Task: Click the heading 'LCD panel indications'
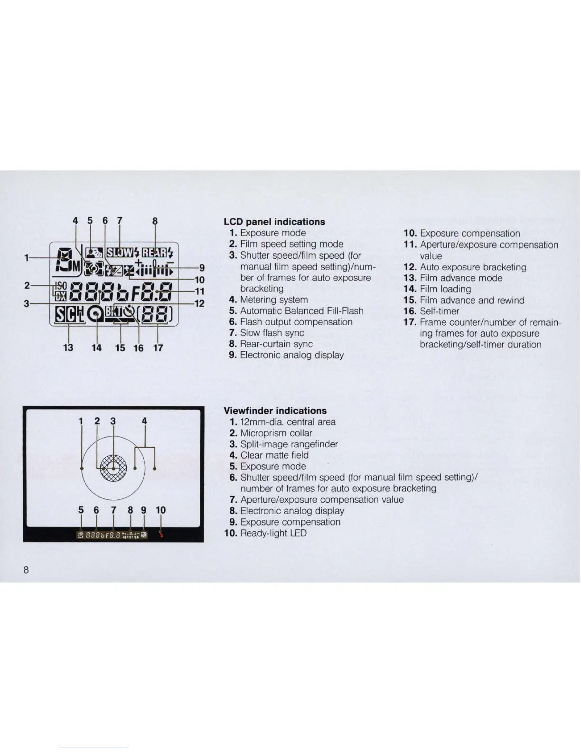[x=274, y=222]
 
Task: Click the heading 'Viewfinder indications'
[x=275, y=411]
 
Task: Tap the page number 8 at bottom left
[x=27, y=570]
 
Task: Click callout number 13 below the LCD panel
[x=68, y=348]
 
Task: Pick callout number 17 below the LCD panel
[x=158, y=348]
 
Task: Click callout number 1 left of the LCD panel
[x=28, y=258]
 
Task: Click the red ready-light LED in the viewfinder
[x=162, y=535]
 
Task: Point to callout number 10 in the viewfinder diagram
[x=161, y=510]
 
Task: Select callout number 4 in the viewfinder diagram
[x=144, y=421]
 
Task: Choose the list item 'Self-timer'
[x=439, y=311]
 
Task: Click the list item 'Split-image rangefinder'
[x=289, y=444]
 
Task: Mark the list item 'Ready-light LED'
[x=273, y=533]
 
